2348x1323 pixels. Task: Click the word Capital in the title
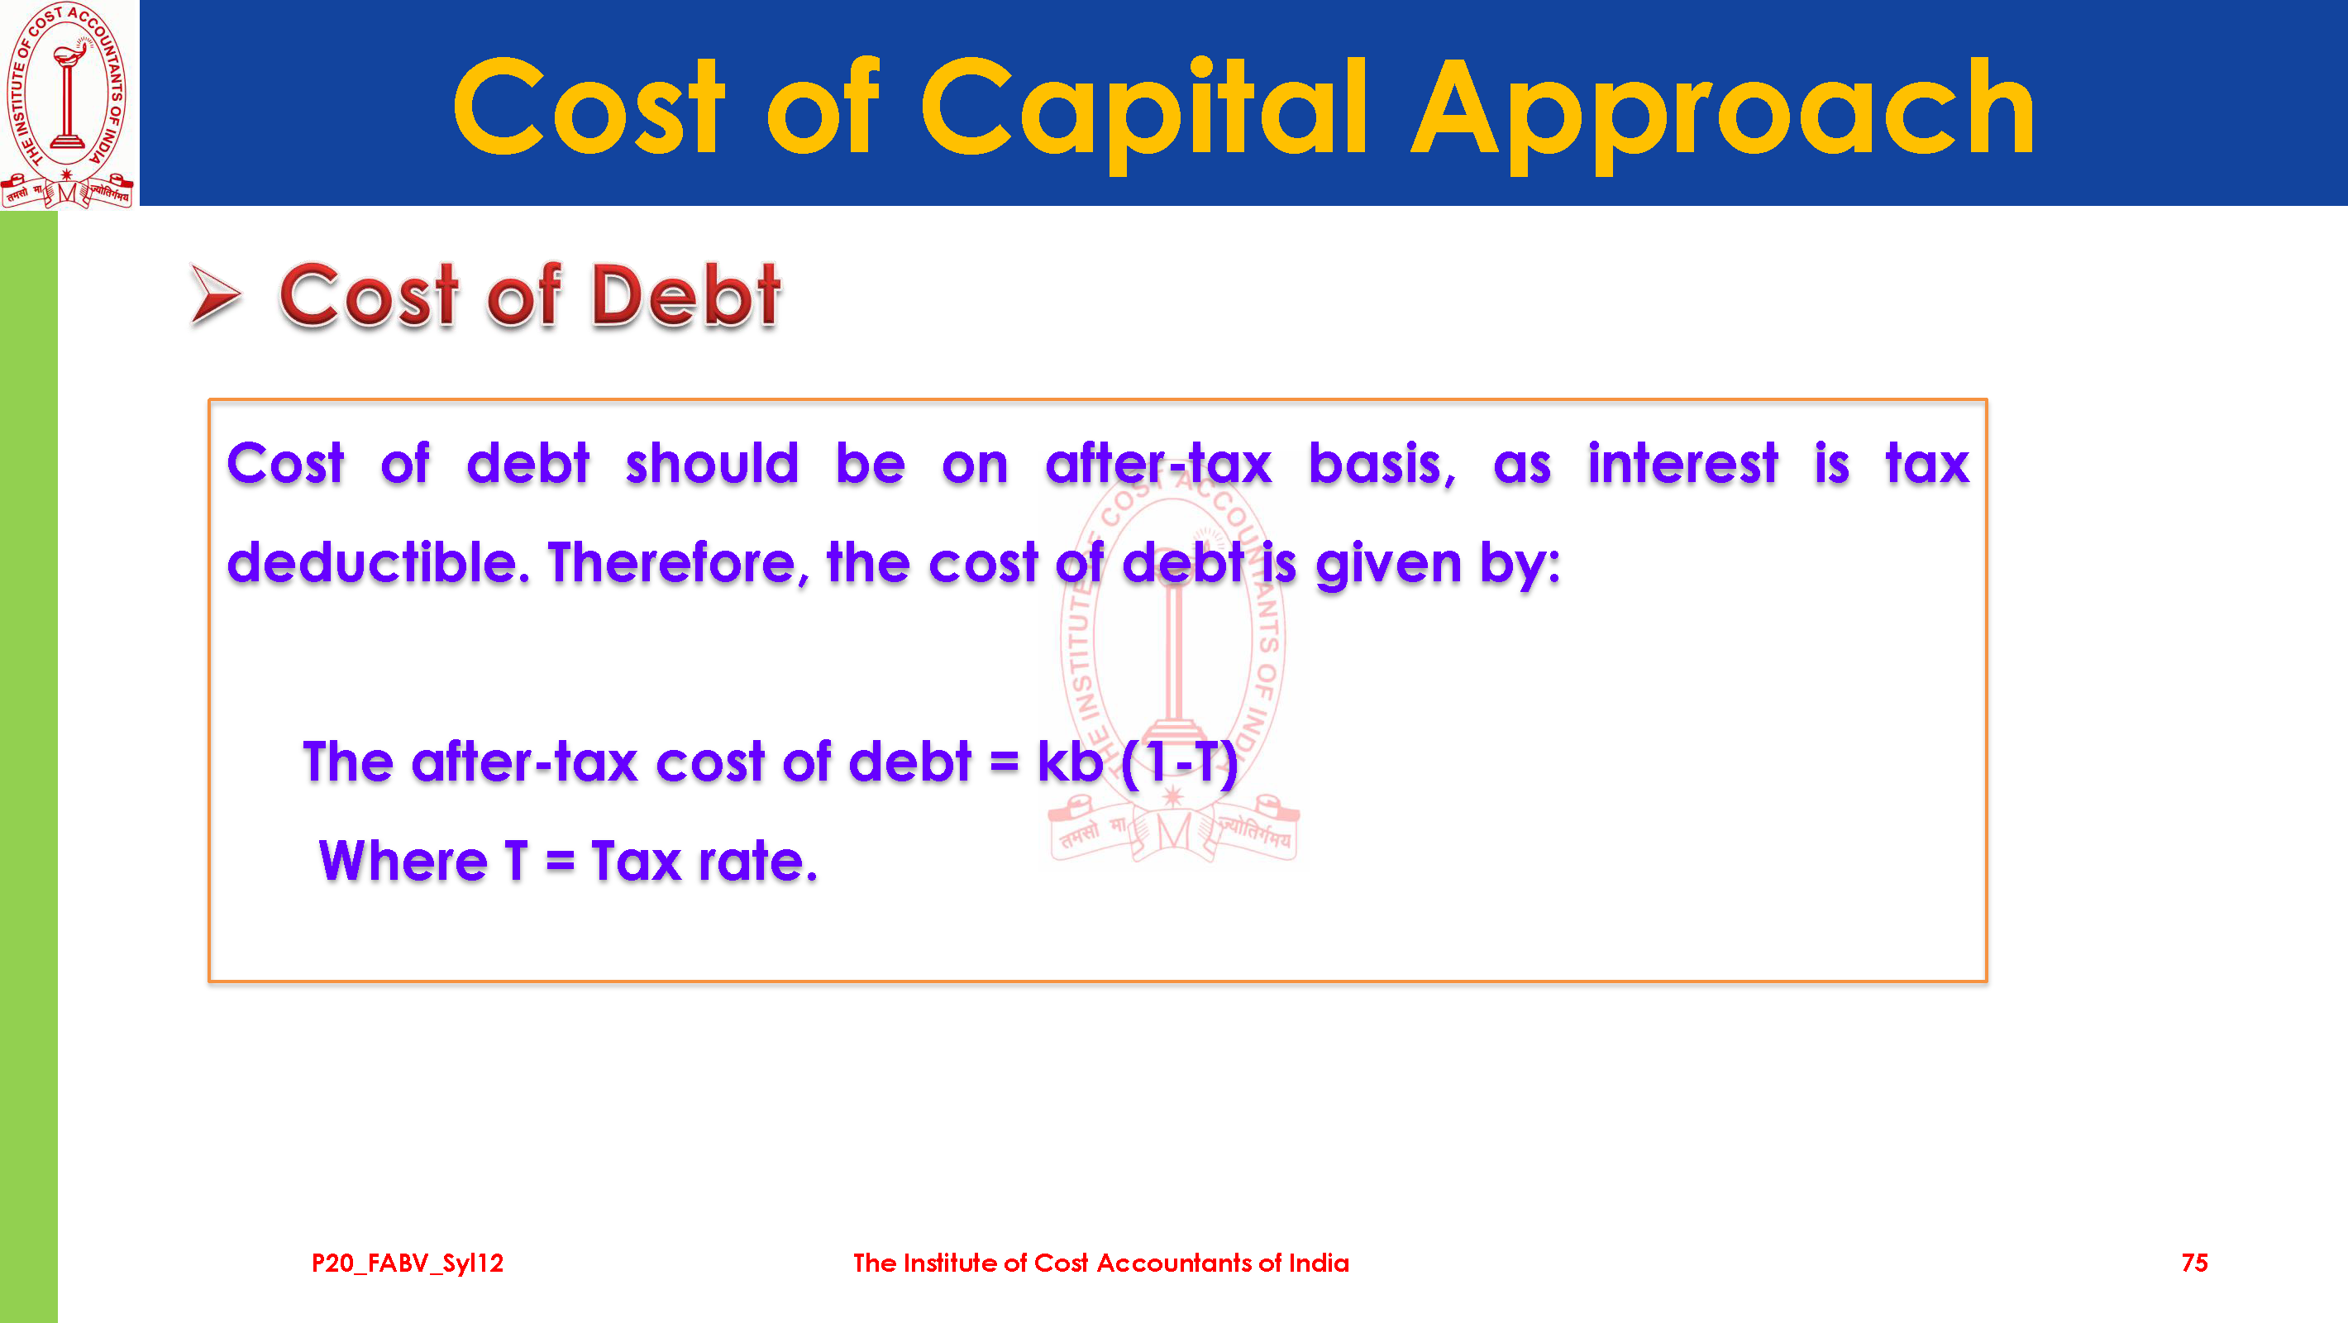pos(1145,109)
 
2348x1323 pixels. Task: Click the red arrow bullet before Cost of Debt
pos(215,294)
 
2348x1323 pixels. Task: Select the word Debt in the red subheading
pos(686,294)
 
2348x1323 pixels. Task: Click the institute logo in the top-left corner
pos(69,104)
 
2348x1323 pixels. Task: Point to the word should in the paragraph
pos(712,463)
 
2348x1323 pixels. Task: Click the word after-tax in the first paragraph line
pos(1157,463)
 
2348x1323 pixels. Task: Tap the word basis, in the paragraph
pos(1382,464)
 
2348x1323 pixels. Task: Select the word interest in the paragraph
pos(1682,463)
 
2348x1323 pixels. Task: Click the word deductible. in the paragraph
pos(379,561)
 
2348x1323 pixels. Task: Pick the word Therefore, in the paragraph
pos(678,562)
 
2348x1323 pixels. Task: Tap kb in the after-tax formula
pos(1070,761)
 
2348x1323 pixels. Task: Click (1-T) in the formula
pos(1180,762)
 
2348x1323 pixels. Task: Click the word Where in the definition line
pos(403,861)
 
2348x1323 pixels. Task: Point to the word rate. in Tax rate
pos(758,862)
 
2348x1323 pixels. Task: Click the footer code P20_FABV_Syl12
pos(408,1263)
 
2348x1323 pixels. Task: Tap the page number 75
pos(2195,1263)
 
